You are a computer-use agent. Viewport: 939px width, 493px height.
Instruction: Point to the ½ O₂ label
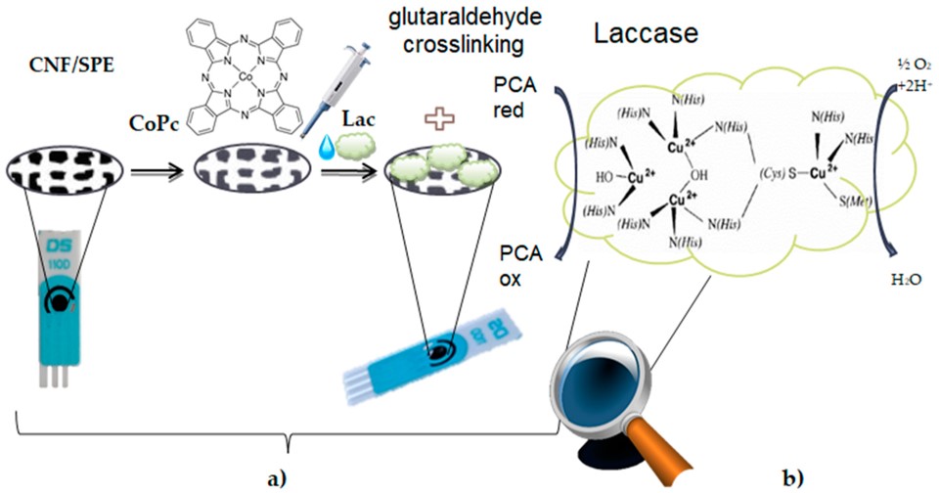coord(905,64)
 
